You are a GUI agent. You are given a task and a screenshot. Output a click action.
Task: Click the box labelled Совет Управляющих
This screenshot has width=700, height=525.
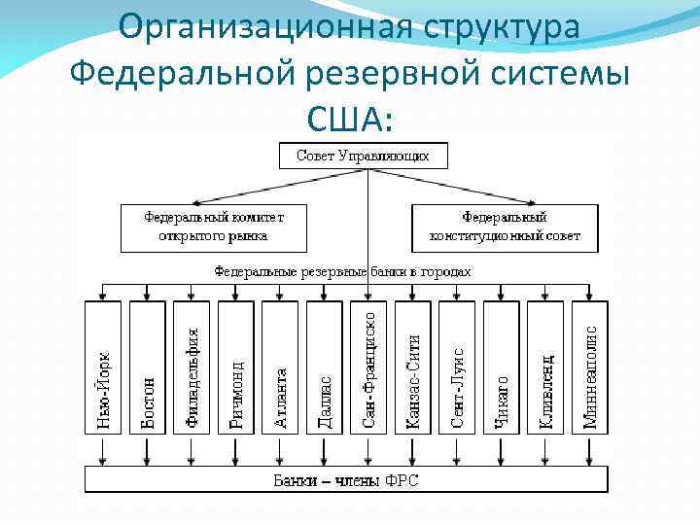tap(363, 155)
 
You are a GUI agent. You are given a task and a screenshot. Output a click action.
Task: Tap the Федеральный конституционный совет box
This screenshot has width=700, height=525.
tap(505, 227)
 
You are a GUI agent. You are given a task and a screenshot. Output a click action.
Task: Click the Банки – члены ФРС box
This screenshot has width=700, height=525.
tap(346, 480)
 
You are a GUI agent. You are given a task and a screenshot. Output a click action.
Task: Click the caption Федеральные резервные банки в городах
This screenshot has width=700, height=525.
tap(342, 271)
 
